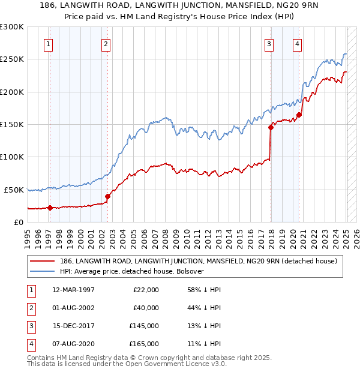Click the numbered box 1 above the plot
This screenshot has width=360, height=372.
pyautogui.click(x=47, y=43)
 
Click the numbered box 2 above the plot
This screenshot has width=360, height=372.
pyautogui.click(x=106, y=43)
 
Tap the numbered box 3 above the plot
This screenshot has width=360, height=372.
pyautogui.click(x=269, y=43)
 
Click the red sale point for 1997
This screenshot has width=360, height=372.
pyautogui.click(x=50, y=208)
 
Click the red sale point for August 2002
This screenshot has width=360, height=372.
pyautogui.click(x=108, y=196)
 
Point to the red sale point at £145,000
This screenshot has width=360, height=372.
pyautogui.click(x=271, y=127)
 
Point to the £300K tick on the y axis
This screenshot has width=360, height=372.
pyautogui.click(x=12, y=27)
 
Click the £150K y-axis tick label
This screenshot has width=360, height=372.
pyautogui.click(x=12, y=124)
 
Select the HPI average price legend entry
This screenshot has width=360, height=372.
pyautogui.click(x=132, y=271)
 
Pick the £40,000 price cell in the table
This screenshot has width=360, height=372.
pyautogui.click(x=145, y=308)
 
